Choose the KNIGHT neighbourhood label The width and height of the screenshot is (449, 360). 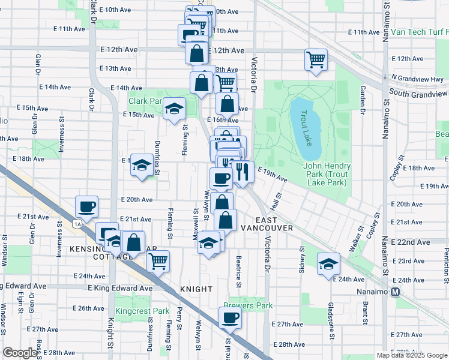click(196, 289)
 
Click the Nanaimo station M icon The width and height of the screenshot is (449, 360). click(396, 292)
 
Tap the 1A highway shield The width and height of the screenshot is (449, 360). click(77, 224)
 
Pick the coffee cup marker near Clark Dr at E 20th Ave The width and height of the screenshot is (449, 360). click(87, 207)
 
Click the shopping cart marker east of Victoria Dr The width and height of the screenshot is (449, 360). click(316, 59)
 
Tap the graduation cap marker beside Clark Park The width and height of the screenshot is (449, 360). click(174, 108)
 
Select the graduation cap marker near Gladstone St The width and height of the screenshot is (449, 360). click(328, 265)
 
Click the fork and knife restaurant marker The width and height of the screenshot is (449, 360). click(242, 172)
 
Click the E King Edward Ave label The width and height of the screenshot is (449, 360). click(122, 289)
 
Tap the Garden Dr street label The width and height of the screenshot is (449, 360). click(363, 100)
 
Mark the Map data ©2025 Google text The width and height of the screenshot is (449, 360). click(411, 355)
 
